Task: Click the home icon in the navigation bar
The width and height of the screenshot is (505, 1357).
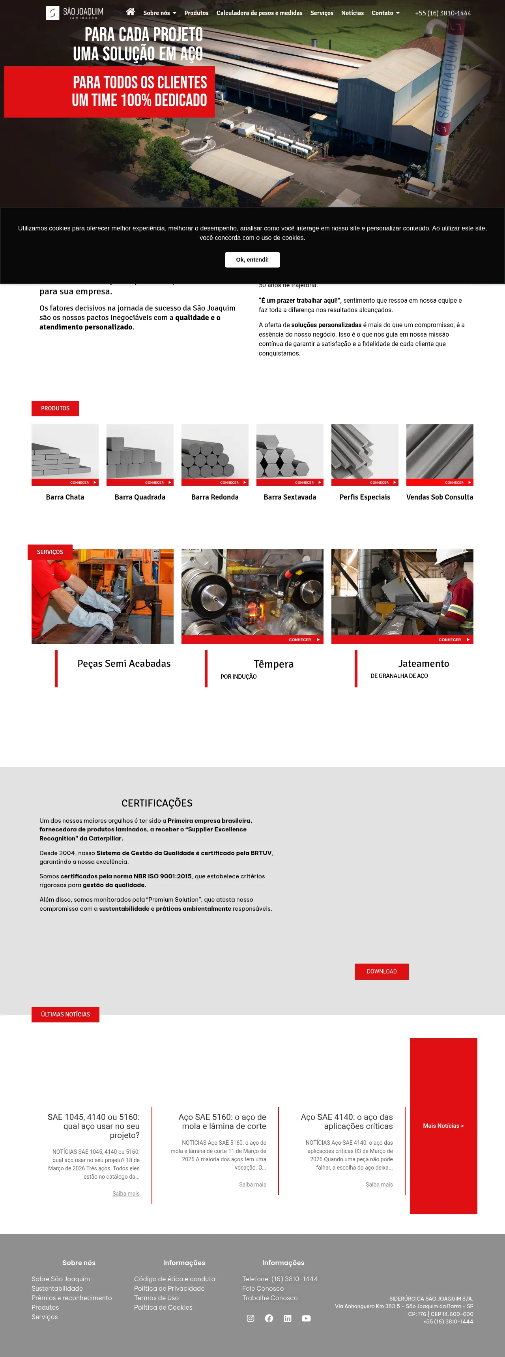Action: (x=131, y=11)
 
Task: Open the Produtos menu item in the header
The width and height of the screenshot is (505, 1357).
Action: (x=196, y=13)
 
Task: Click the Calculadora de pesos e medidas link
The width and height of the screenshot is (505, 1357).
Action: (x=259, y=13)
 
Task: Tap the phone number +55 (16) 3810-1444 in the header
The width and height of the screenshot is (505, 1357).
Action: (x=443, y=13)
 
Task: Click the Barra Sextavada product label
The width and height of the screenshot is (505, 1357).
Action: (x=290, y=497)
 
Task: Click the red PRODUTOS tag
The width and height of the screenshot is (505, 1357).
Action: (x=55, y=408)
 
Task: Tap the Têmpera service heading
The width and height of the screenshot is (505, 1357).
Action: (x=274, y=664)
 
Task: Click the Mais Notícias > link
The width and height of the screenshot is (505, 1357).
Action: (x=443, y=1126)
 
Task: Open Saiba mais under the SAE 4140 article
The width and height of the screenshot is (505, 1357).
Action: (x=379, y=1185)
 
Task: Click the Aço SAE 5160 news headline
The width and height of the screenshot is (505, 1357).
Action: (x=222, y=1121)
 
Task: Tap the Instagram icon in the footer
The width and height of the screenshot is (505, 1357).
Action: (x=251, y=1318)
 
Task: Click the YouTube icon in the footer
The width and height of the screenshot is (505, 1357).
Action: (x=306, y=1318)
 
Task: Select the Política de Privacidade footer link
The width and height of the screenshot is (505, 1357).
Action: (x=169, y=1288)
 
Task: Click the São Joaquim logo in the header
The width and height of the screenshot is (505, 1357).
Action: (x=75, y=13)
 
